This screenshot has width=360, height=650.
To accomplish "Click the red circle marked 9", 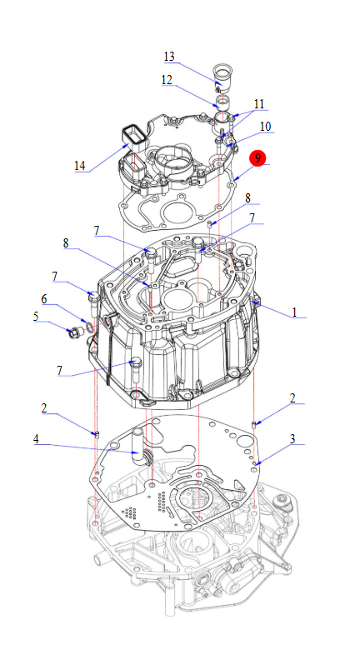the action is point(257,159).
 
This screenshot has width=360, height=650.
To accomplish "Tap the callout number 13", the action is point(169,57).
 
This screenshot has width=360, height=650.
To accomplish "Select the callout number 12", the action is point(167,80).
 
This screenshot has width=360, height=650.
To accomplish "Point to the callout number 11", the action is point(259,103).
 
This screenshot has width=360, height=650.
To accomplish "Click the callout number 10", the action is point(266,126).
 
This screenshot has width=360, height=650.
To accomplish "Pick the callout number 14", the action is point(80,166).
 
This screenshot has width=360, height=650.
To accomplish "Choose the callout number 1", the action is point(294,312).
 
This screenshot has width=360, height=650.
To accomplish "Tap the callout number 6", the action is point(43,299).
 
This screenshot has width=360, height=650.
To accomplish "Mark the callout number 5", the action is point(36,317).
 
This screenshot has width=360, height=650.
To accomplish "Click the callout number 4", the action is point(36,439).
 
